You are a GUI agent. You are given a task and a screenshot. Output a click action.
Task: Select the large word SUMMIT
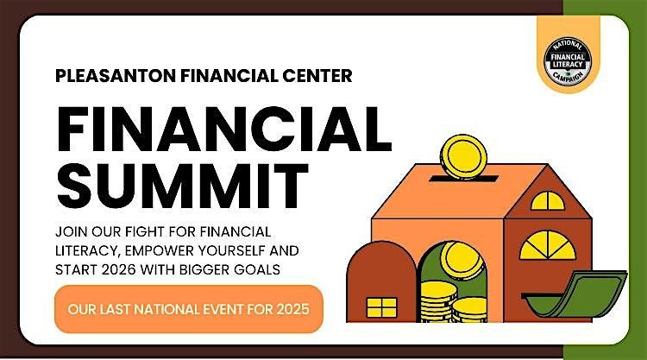182,184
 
